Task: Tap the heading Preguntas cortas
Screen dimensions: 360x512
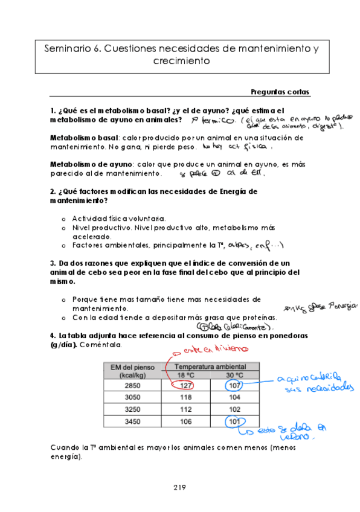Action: pyautogui.click(x=280, y=92)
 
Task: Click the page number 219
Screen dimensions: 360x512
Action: pyautogui.click(x=179, y=487)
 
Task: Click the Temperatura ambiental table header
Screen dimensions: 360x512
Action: pyautogui.click(x=210, y=366)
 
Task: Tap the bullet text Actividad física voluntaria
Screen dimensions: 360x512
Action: pyautogui.click(x=118, y=218)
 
